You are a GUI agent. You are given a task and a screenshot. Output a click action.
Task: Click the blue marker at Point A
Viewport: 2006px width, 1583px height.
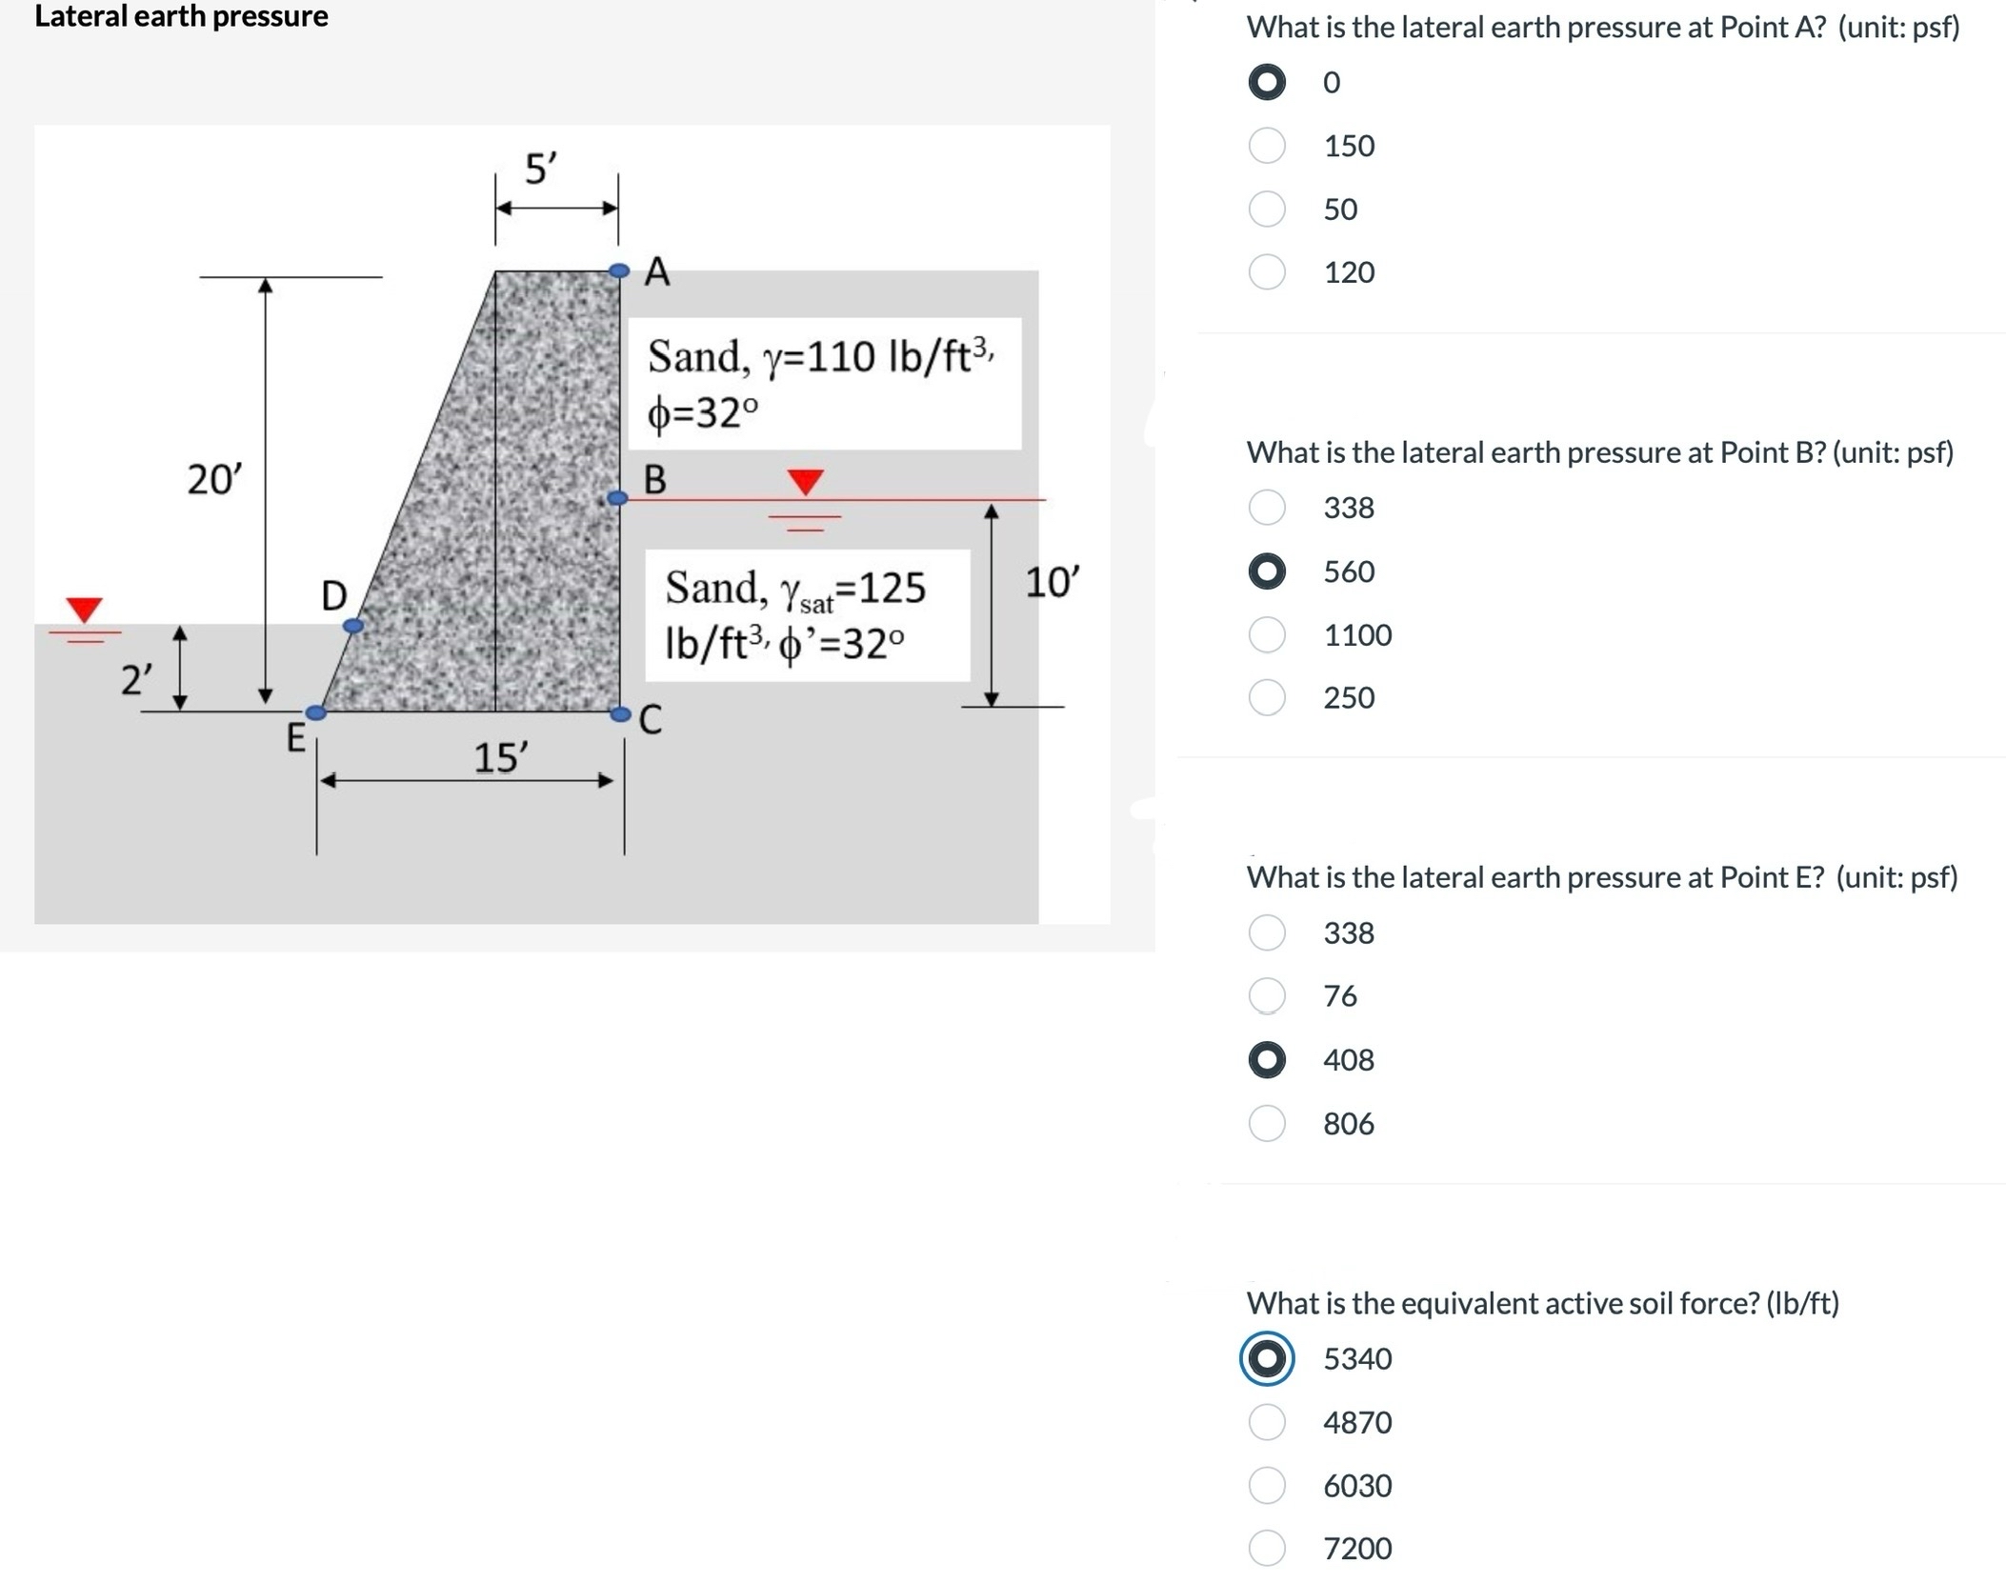coord(619,271)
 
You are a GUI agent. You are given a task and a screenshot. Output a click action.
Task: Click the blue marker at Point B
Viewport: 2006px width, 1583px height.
coord(618,498)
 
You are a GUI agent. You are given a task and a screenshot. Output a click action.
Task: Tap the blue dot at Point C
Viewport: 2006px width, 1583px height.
coord(620,713)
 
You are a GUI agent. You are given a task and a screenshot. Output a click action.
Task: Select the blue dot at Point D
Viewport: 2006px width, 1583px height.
coord(353,626)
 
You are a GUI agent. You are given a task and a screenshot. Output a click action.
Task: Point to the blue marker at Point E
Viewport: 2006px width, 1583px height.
coord(316,712)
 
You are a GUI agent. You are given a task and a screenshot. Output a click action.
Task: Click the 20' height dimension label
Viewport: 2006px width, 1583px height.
coord(214,479)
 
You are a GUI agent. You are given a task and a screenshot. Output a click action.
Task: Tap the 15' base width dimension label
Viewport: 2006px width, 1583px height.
coord(500,758)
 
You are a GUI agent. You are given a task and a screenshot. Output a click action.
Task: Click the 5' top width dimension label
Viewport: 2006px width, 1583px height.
coord(541,169)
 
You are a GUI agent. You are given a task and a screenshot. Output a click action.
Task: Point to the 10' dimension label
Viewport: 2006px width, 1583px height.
coord(1052,582)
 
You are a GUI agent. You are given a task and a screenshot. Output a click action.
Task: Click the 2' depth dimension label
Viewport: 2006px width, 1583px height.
coord(136,681)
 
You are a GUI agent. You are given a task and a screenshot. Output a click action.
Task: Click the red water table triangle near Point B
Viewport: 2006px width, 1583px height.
coord(806,481)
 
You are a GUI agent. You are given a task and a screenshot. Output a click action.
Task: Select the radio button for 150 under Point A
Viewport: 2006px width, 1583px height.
coord(1267,146)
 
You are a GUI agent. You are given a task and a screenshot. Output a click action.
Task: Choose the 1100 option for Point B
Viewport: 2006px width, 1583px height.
coord(1267,634)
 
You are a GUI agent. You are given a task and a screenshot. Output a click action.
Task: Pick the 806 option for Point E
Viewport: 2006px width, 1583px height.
coord(1267,1124)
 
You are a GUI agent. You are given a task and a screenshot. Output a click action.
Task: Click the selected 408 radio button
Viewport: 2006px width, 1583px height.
coord(1267,1060)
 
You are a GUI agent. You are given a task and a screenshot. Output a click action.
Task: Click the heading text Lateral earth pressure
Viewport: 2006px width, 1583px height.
coord(181,16)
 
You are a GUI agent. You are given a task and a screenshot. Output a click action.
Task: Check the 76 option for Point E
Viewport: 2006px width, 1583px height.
coord(1267,996)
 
